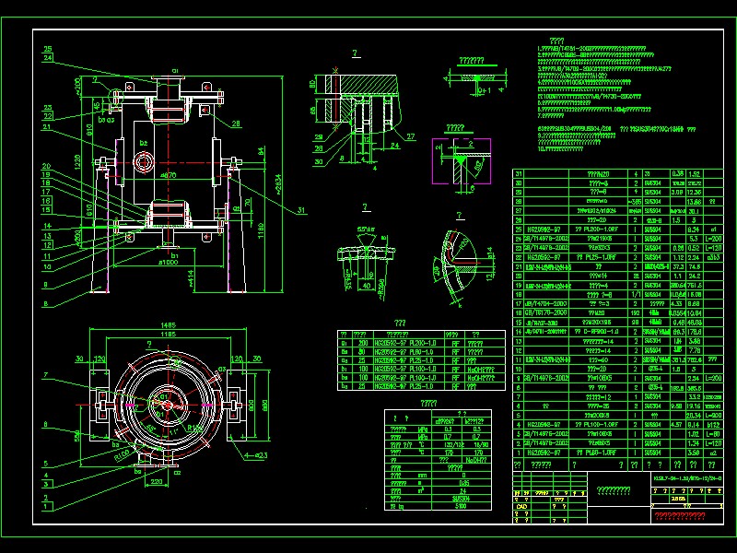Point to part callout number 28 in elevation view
click(237, 123)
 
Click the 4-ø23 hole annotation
click(257, 455)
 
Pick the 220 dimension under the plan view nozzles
click(155, 481)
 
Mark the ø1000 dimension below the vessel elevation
click(167, 261)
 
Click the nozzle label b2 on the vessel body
click(144, 144)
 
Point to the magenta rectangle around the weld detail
click(455, 164)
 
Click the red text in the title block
click(681, 514)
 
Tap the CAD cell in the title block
click(521, 506)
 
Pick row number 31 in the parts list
click(518, 173)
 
